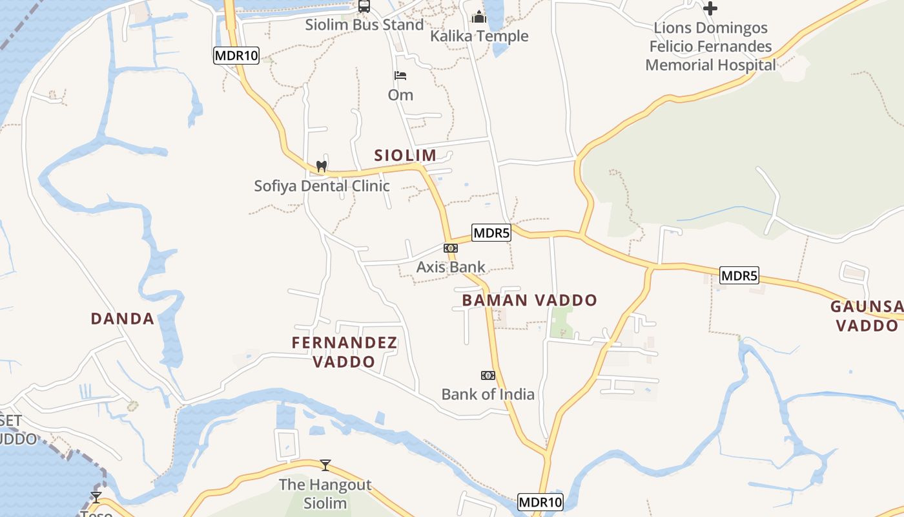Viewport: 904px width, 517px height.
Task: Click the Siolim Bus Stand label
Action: coord(365,25)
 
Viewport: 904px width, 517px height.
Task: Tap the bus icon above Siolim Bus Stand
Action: coord(364,6)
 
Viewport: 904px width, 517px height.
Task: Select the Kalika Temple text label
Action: coord(479,36)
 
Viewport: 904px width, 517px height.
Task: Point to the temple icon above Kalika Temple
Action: coord(479,16)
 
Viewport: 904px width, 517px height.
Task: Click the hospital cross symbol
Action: coord(710,8)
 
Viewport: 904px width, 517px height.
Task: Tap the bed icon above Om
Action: coord(400,76)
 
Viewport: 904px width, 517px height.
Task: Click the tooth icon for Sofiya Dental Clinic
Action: coord(321,167)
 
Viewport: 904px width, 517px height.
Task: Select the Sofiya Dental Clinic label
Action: coord(322,186)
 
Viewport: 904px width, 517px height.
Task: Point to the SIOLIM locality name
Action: coord(406,155)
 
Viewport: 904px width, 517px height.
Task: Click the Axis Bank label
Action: coord(451,267)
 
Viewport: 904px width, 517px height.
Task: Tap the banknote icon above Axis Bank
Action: coord(451,248)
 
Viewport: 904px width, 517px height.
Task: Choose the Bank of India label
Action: coord(488,394)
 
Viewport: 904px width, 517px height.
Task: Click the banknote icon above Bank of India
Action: coord(488,375)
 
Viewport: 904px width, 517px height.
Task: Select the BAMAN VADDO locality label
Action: coord(529,301)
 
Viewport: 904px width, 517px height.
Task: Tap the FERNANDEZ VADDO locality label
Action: coord(344,352)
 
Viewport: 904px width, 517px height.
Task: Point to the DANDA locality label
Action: coord(123,319)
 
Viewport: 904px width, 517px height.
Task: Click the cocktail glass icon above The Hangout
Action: coord(325,465)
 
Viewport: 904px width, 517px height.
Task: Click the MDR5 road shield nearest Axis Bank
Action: coord(491,233)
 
